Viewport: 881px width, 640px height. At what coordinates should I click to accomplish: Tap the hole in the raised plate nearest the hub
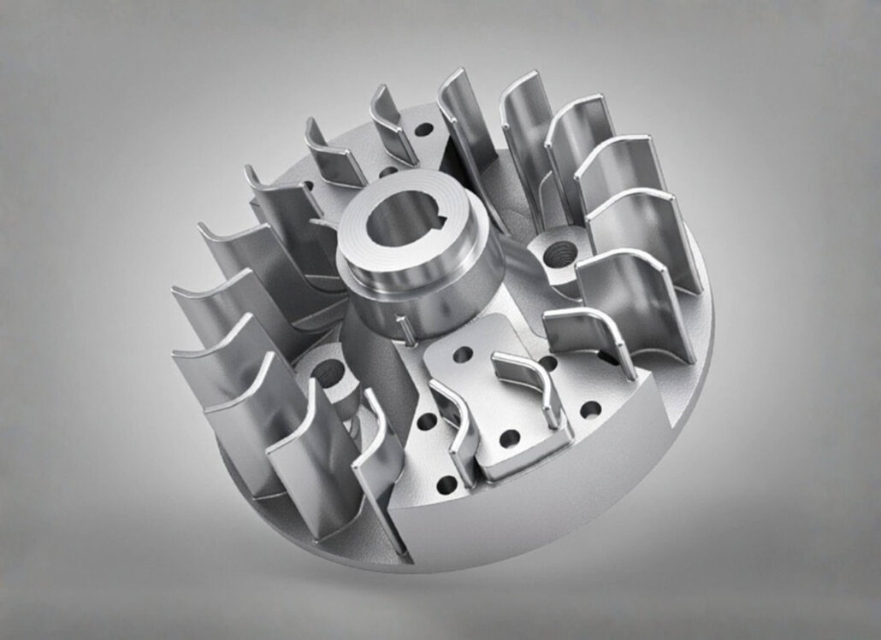tap(463, 353)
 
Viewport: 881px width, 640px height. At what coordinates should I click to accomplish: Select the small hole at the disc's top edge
tap(423, 130)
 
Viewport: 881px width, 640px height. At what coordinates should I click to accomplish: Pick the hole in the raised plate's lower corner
tap(510, 439)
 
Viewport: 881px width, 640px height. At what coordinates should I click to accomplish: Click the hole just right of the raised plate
tap(589, 409)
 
